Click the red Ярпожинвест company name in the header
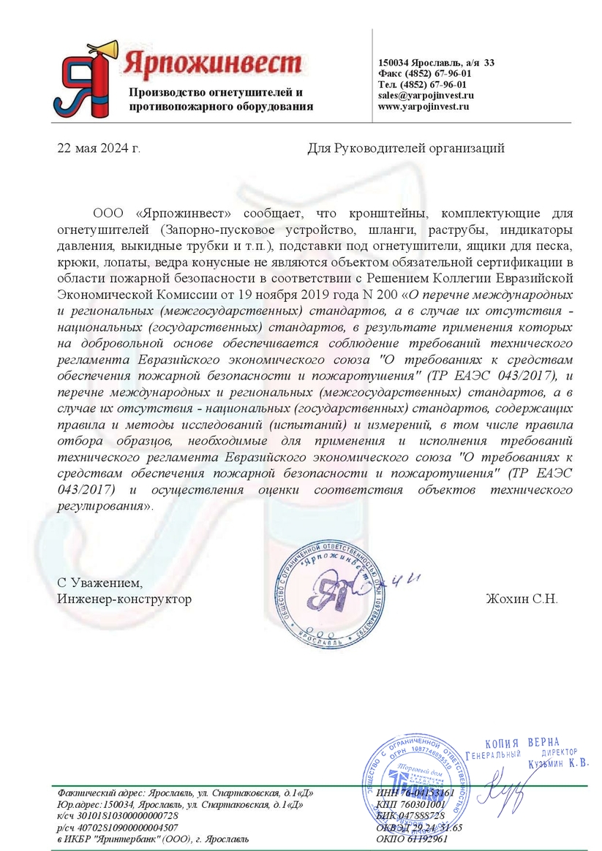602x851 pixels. [212, 61]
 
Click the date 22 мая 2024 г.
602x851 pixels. [99, 149]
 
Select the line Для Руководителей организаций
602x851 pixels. [406, 149]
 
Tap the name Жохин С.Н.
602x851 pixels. [522, 599]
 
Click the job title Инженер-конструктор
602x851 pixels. [124, 599]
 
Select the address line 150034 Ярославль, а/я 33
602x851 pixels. [436, 63]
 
